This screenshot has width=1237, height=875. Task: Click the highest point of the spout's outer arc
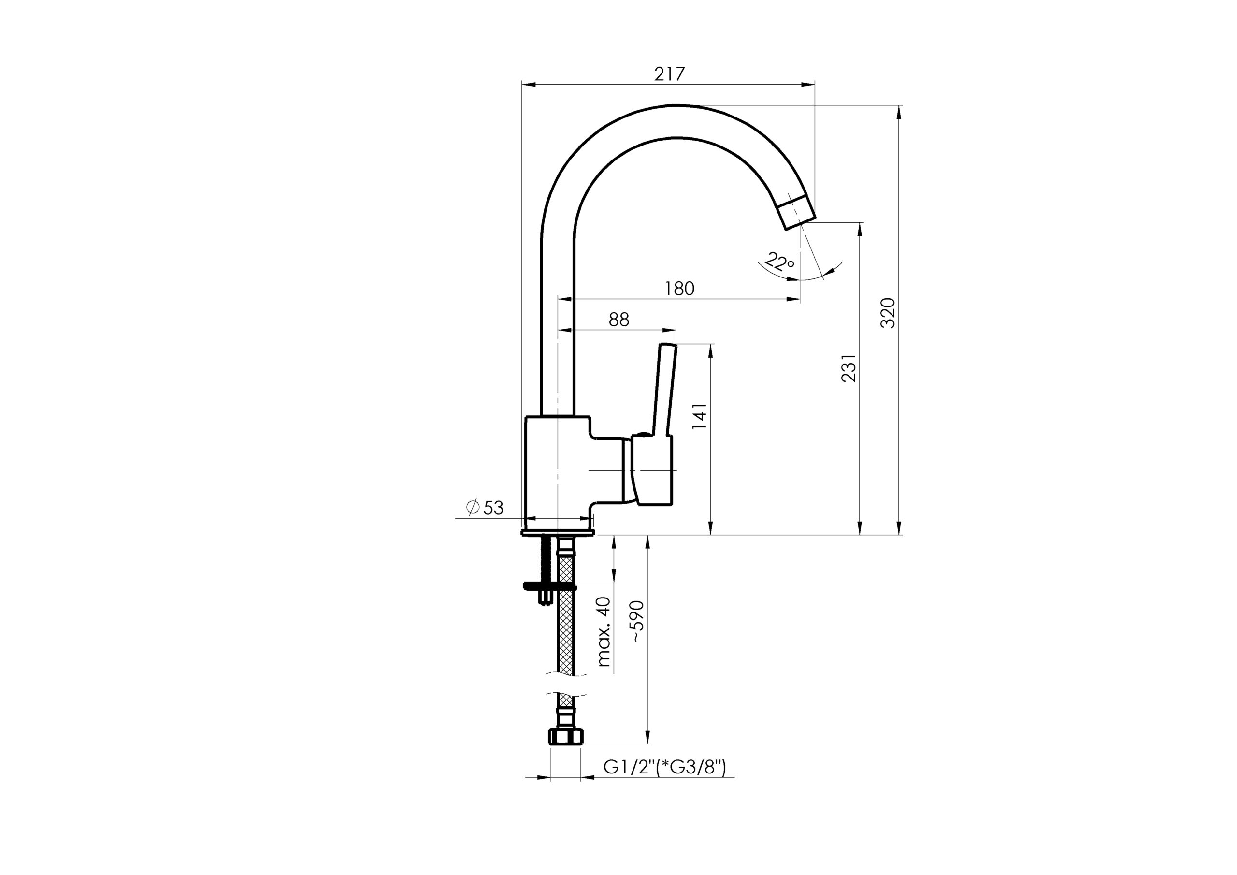tap(676, 104)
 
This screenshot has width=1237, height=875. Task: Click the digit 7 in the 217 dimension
tap(679, 73)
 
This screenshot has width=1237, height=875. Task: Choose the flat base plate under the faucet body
tap(558, 533)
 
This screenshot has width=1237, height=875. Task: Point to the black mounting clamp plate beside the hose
tap(549, 585)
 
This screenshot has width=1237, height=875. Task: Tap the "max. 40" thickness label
tap(605, 631)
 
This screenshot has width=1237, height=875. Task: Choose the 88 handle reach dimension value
tap(619, 320)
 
